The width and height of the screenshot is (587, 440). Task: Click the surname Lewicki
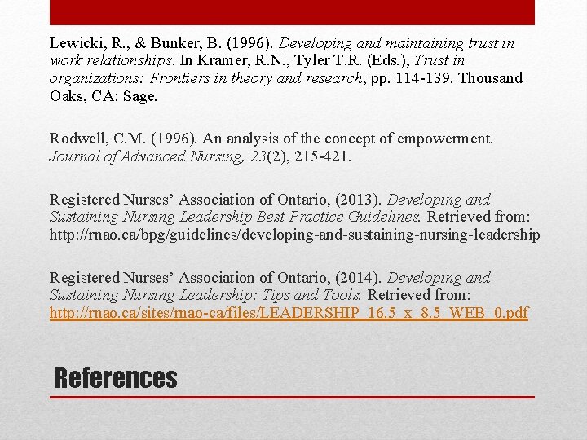pos(75,43)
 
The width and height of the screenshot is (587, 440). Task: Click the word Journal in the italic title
pos(75,157)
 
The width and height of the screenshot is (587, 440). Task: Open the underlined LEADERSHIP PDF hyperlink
pos(289,313)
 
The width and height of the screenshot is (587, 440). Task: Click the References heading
pos(115,378)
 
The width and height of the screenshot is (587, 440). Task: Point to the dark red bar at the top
pos(292,12)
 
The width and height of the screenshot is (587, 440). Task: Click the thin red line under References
pos(292,398)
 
